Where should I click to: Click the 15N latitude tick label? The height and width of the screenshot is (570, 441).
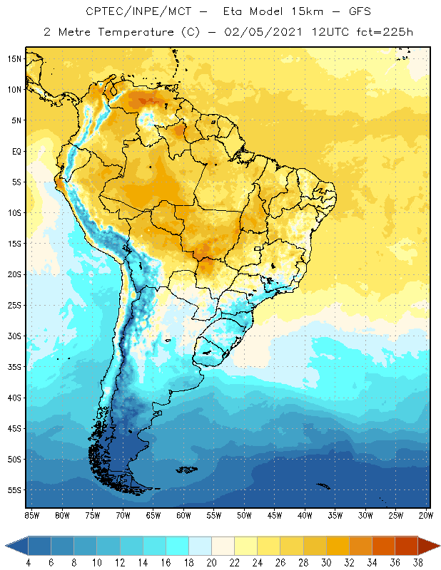[15, 58]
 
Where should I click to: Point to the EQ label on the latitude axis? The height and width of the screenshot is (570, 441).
[15, 151]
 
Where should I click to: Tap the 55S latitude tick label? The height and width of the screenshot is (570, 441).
[15, 490]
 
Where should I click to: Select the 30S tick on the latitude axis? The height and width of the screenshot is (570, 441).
[15, 336]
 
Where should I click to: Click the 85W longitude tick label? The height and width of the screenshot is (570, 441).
[31, 515]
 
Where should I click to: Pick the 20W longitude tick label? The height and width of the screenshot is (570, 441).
[425, 515]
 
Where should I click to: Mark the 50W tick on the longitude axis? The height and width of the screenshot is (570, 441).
[244, 515]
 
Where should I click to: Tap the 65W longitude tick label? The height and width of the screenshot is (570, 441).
[153, 515]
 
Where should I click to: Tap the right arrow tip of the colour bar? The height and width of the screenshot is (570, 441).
[436, 545]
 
